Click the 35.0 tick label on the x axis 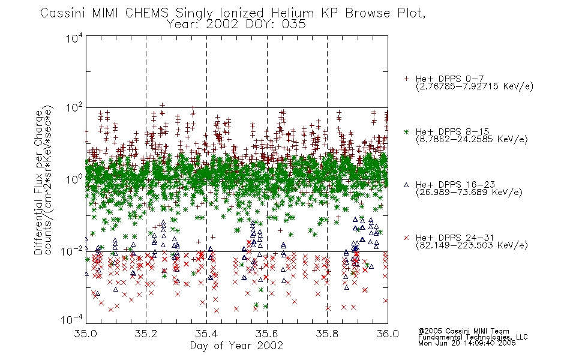pos(85,334)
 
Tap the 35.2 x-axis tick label pos(146,334)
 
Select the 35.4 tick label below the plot pos(206,334)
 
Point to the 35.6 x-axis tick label pos(267,334)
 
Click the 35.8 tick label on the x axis pos(327,334)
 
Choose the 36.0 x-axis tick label pos(388,334)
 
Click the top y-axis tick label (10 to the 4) pos(74,38)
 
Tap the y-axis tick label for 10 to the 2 pos(74,108)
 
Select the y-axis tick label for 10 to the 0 pos(74,179)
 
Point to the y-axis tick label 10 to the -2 pos(72,251)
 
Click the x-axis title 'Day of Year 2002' pos(236,346)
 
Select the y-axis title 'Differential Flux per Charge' pos(38,182)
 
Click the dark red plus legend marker pos(406,79)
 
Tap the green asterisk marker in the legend pos(406,131)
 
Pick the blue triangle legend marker pos(406,185)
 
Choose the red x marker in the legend pos(406,238)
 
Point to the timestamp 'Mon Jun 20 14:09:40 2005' pos(467,343)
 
